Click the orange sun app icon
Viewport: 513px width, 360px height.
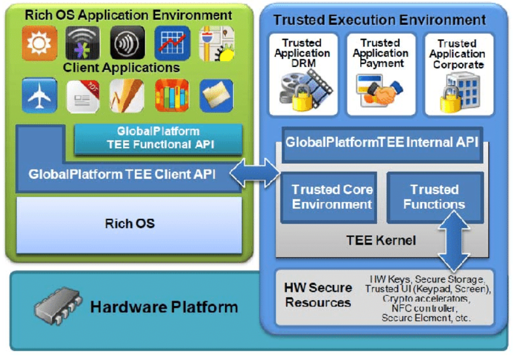[40, 43]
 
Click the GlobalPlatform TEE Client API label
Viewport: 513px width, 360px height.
[122, 173]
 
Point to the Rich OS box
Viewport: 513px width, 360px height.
[129, 223]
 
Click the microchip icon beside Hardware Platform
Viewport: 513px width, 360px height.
[58, 306]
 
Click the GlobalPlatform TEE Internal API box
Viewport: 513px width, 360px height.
[382, 142]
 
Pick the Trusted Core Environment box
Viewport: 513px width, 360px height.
[332, 197]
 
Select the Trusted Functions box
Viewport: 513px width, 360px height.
[434, 197]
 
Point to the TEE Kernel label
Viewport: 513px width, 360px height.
[381, 239]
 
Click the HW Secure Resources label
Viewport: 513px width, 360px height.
[318, 295]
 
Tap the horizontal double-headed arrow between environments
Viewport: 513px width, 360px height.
[255, 173]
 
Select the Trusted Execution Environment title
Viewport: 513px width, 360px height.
[380, 20]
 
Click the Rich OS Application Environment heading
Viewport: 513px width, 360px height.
[128, 15]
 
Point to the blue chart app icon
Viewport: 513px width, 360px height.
[172, 43]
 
